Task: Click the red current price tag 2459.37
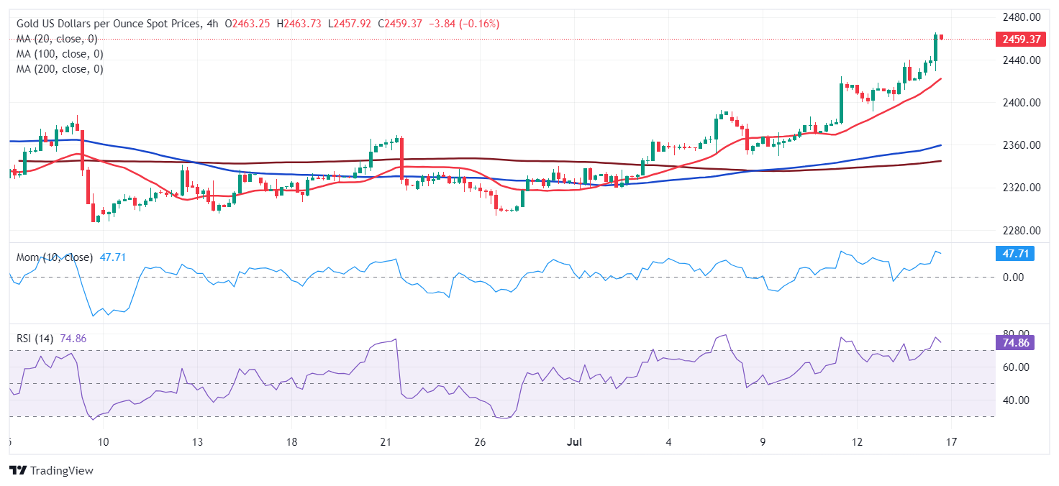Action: click(1019, 39)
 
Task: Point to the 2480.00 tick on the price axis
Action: click(1022, 17)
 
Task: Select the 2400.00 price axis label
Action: click(1022, 103)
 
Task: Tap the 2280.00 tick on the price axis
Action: click(1022, 231)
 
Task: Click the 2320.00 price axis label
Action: click(1022, 188)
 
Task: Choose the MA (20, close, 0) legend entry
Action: click(57, 39)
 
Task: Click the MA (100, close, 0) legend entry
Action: click(60, 54)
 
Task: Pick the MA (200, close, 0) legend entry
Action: click(60, 69)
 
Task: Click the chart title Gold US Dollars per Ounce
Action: click(108, 24)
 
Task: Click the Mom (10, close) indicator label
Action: click(55, 257)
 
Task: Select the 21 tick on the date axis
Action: click(386, 441)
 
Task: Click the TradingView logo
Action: click(52, 471)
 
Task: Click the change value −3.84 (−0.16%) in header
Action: click(463, 24)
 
